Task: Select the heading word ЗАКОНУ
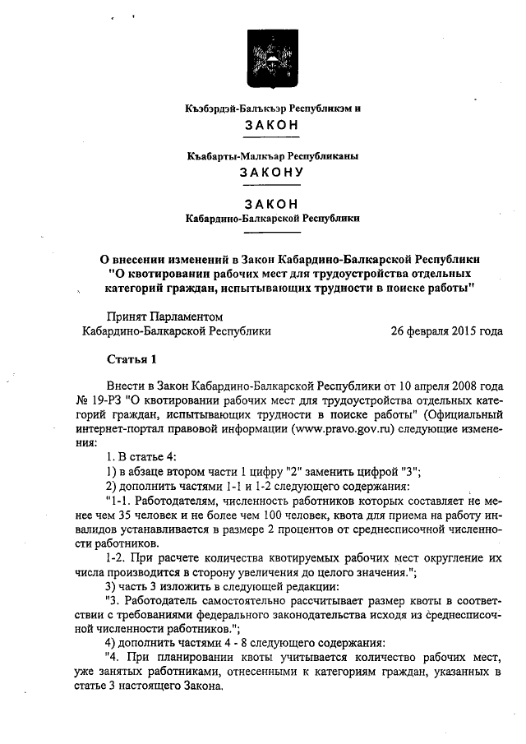pos(271,173)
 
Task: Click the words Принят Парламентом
pos(164,317)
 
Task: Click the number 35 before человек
pos(126,515)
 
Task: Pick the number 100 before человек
pos(269,515)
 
